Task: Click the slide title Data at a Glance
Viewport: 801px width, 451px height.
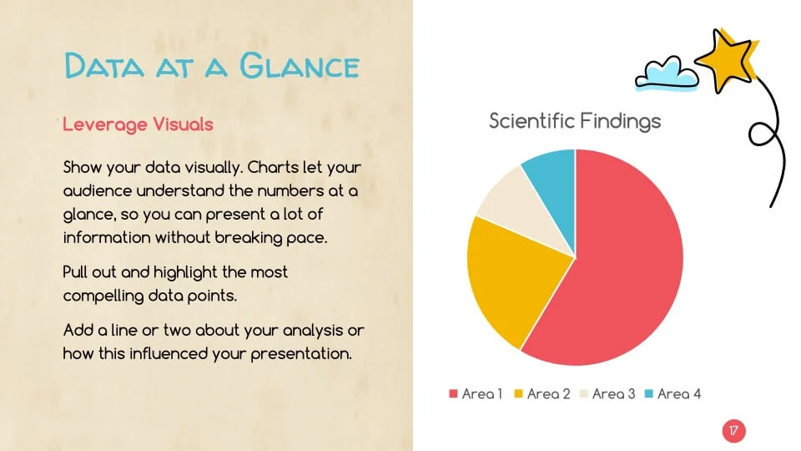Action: coord(212,65)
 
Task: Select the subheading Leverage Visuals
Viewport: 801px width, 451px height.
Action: coord(138,124)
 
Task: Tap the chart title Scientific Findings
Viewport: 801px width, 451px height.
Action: coord(574,121)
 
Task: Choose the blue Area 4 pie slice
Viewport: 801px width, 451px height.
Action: coord(552,171)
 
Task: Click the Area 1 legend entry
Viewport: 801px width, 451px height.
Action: coord(476,393)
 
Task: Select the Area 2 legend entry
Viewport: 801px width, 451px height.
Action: coord(542,393)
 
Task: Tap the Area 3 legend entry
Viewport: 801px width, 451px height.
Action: coord(607,393)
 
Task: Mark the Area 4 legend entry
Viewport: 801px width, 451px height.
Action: coord(672,393)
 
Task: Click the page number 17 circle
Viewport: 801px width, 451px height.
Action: coord(733,431)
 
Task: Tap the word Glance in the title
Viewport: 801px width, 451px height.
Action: coord(300,65)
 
